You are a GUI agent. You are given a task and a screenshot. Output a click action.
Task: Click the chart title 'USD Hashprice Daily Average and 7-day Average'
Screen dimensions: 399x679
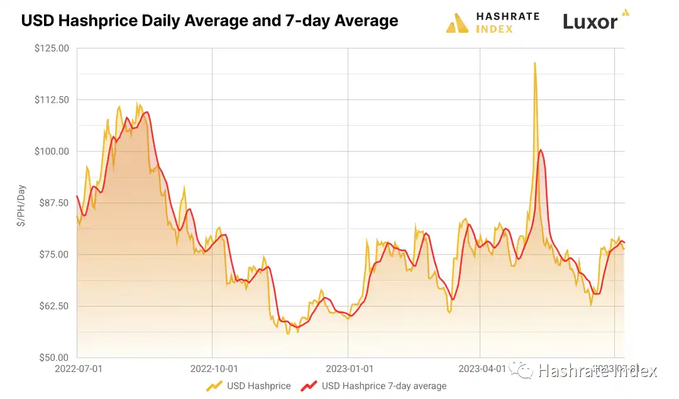click(209, 21)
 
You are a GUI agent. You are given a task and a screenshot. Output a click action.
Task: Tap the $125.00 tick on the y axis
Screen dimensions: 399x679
click(52, 48)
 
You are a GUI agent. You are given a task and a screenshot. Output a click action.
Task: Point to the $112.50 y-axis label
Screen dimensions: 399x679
click(52, 100)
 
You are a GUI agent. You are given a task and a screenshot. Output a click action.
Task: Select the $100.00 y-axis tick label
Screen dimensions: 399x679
click(52, 152)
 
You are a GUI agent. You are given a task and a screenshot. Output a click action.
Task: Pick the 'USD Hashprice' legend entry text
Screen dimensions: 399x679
click(259, 386)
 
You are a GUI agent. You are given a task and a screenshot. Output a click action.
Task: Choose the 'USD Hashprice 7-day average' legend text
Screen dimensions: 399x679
click(384, 386)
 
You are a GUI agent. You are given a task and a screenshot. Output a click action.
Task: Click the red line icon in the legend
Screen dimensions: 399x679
click(308, 386)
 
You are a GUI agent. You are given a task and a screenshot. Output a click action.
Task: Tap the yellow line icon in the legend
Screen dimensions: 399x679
click(214, 386)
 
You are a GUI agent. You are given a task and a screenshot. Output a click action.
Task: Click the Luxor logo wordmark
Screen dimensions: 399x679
click(590, 22)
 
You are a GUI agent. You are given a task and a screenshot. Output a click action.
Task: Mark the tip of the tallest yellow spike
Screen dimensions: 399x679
click(534, 63)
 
